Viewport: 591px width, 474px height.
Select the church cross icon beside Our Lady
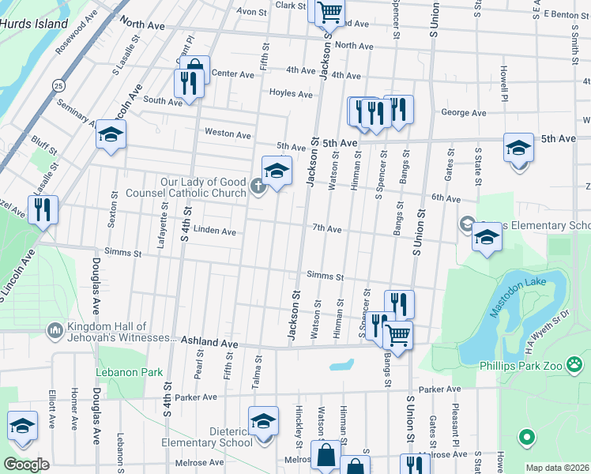pyautogui.click(x=257, y=187)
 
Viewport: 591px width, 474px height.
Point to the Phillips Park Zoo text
pyautogui.click(x=532, y=366)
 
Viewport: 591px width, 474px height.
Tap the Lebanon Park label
pyautogui.click(x=129, y=372)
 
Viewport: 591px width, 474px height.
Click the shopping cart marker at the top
pyautogui.click(x=329, y=12)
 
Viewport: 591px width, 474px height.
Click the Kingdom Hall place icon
pyautogui.click(x=55, y=329)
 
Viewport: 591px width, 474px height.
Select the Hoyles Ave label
pyautogui.click(x=292, y=93)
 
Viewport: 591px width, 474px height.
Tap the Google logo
pyautogui.click(x=26, y=465)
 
